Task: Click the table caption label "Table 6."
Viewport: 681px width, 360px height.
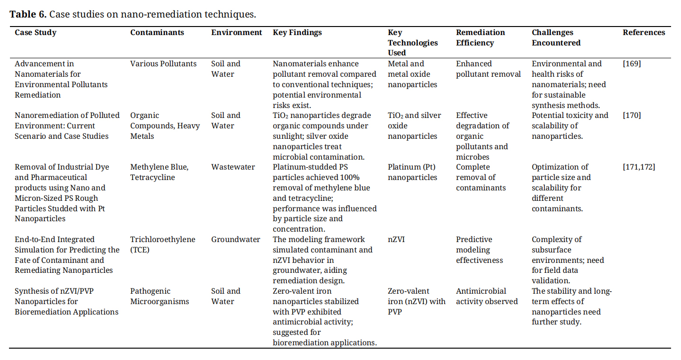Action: coord(28,14)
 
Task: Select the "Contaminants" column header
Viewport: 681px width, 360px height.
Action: coord(157,33)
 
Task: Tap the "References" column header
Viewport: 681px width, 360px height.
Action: coord(644,33)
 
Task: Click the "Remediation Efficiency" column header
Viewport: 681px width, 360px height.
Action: coord(480,38)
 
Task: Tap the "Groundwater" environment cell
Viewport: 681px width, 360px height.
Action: coord(235,240)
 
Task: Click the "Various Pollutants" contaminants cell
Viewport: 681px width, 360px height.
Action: coord(163,64)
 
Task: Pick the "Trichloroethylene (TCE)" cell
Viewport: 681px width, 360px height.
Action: coord(162,244)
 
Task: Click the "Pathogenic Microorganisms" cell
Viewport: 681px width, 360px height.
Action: coord(160,297)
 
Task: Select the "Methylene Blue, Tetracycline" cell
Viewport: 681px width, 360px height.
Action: coord(159,172)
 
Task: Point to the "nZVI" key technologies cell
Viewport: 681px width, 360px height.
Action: coord(396,240)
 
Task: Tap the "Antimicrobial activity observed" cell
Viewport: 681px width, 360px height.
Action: coord(487,297)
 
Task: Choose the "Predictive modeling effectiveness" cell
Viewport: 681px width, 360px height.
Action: coord(479,250)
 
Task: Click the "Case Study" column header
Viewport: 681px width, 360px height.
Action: coord(36,33)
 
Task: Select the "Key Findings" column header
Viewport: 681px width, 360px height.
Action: coord(297,33)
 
